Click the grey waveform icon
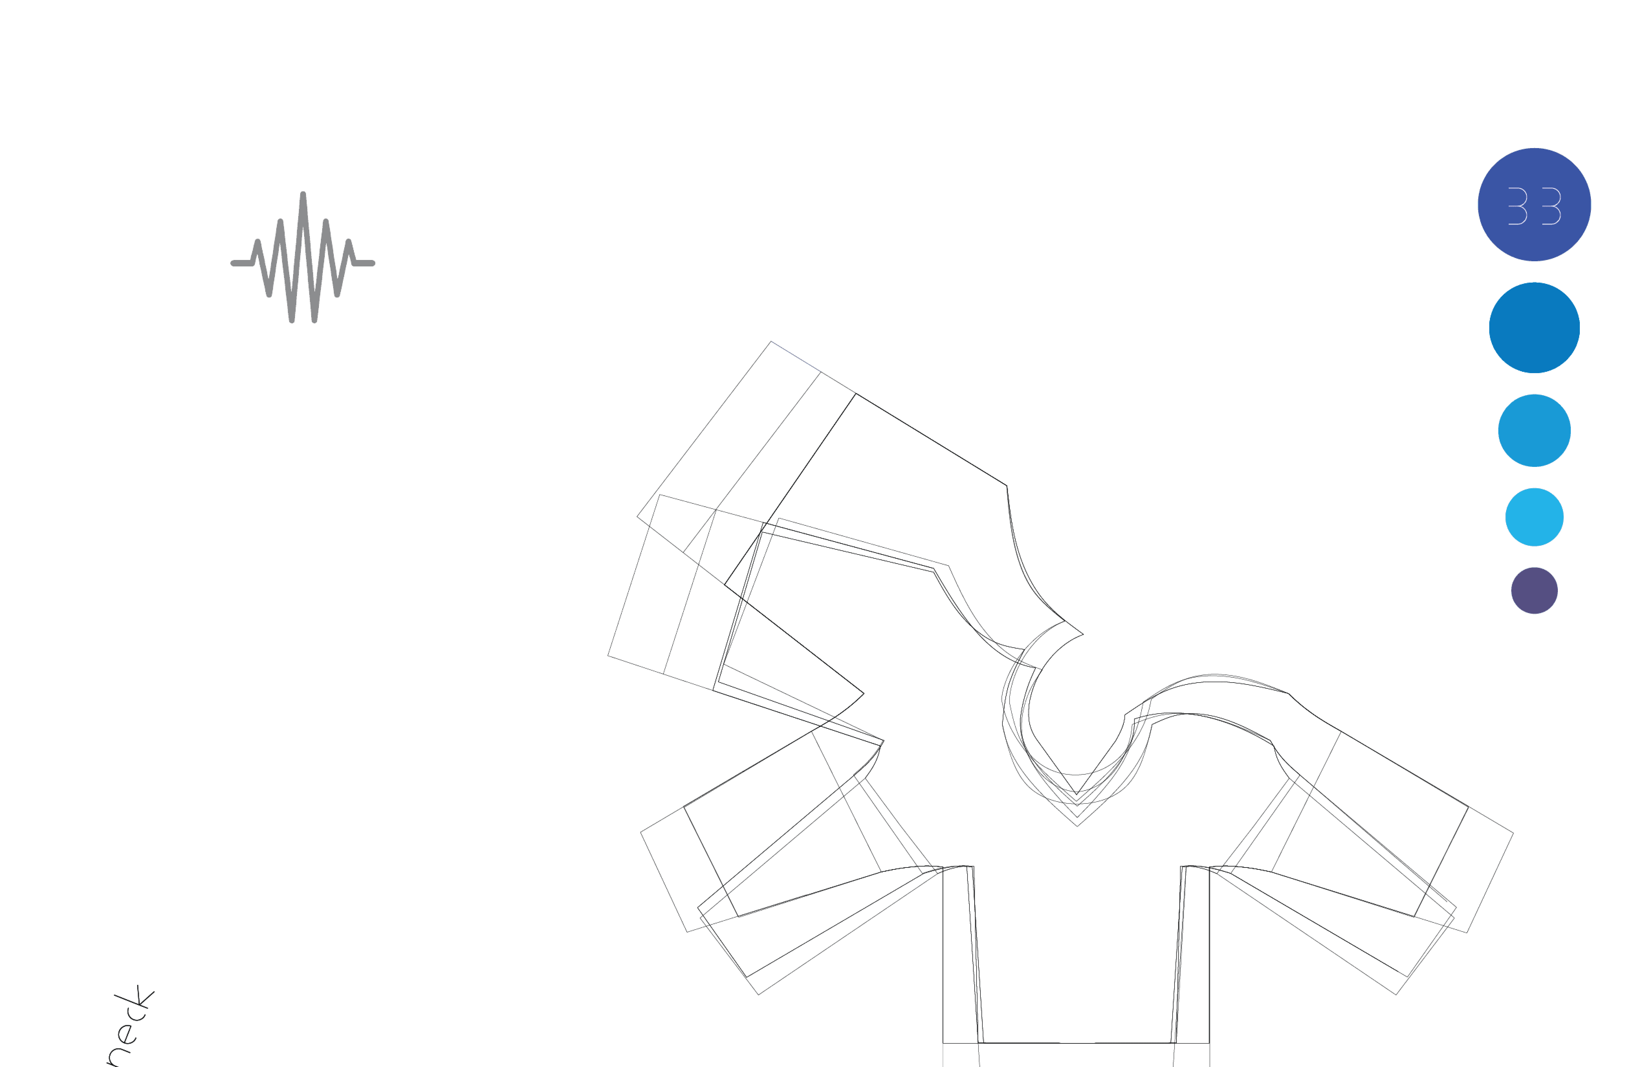(303, 258)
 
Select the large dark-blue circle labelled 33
(1534, 204)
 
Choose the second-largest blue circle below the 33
(1534, 328)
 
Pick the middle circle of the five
(1534, 430)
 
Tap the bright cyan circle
(1534, 517)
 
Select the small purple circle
(1534, 590)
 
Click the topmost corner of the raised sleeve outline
(771, 341)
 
